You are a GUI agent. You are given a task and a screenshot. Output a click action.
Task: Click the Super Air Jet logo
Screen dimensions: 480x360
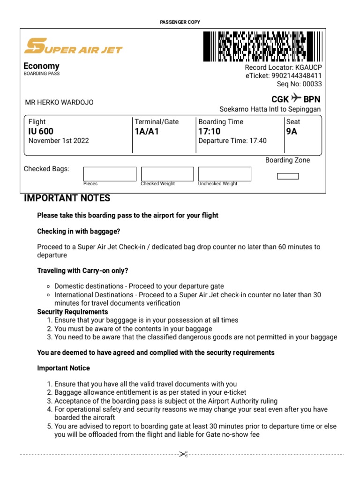[x=73, y=46]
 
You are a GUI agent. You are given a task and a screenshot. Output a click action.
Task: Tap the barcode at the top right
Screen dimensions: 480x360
[x=262, y=46]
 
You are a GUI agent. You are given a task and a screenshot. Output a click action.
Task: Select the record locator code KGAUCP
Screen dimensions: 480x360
[x=308, y=67]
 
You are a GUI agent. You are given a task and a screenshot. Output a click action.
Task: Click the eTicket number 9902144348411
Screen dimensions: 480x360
[x=297, y=75]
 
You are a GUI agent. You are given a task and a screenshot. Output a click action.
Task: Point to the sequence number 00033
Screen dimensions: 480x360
[x=312, y=84]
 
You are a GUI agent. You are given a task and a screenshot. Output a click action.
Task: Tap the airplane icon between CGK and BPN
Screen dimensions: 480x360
[x=296, y=98]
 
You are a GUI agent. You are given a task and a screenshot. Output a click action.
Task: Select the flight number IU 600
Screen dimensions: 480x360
[x=41, y=131]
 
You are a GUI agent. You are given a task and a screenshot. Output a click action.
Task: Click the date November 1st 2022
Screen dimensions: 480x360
[x=59, y=141]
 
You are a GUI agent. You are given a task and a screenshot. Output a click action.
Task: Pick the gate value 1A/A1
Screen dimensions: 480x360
[x=147, y=131]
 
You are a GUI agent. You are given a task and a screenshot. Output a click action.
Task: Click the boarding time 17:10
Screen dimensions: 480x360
[x=210, y=131]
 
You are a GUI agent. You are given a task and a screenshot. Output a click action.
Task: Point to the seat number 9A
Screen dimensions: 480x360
[x=292, y=131]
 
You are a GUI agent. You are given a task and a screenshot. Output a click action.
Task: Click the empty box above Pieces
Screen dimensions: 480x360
[x=110, y=173]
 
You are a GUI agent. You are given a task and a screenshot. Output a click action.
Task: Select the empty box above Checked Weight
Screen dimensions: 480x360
[x=167, y=173]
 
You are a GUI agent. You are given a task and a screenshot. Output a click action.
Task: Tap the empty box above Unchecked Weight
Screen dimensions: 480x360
[x=225, y=173]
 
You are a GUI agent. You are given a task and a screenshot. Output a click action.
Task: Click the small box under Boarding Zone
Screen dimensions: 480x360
[x=288, y=176]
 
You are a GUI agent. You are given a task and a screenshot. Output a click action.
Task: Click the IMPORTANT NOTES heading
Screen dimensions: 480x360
[x=67, y=198]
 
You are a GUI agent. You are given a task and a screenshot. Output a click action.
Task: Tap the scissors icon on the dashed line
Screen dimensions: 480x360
[x=183, y=454]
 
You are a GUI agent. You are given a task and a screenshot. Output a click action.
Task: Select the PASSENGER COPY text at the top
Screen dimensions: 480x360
[x=180, y=22]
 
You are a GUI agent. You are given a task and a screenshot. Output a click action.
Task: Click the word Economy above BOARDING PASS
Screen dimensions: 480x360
[x=42, y=66]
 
